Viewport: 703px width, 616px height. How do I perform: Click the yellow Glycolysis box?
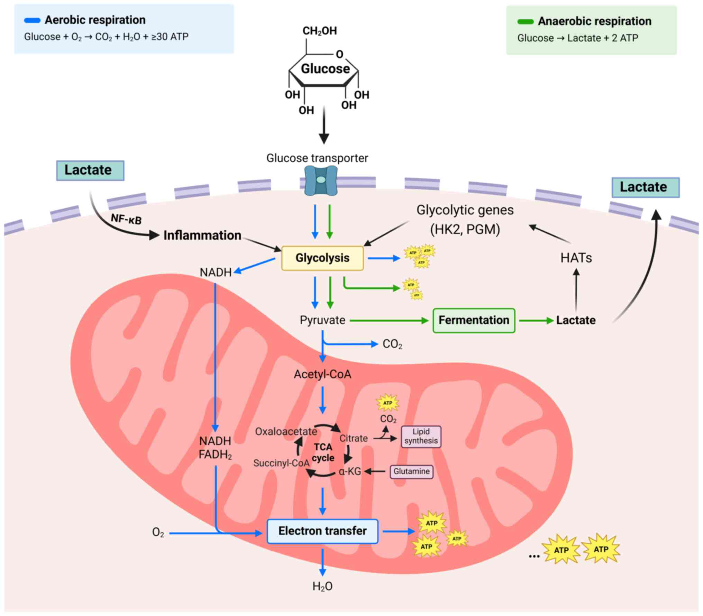point(322,258)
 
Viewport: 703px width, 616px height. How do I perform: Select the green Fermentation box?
point(474,320)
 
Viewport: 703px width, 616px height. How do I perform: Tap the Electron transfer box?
point(322,531)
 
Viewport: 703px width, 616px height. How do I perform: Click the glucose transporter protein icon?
point(321,180)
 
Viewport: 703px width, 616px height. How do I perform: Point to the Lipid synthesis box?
point(421,436)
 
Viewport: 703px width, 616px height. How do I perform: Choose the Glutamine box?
point(411,471)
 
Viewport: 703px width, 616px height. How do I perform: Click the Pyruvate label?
point(322,320)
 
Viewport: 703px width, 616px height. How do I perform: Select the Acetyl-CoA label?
point(322,374)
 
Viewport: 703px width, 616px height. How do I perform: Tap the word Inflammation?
point(202,236)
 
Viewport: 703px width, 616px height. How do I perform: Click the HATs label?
point(576,258)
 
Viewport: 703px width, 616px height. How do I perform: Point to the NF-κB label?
point(126,219)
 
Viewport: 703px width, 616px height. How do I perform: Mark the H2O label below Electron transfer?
point(322,586)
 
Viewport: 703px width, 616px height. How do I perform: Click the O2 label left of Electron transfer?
point(158,532)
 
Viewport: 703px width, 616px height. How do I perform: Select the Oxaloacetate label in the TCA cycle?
point(286,432)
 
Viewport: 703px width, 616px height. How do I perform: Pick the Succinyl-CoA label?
point(281,463)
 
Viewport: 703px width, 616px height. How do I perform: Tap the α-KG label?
point(350,471)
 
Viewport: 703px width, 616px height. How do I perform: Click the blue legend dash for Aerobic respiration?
point(32,20)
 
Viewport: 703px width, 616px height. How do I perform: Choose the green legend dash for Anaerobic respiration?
point(525,22)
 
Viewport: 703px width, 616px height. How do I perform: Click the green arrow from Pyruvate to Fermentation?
point(389,321)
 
